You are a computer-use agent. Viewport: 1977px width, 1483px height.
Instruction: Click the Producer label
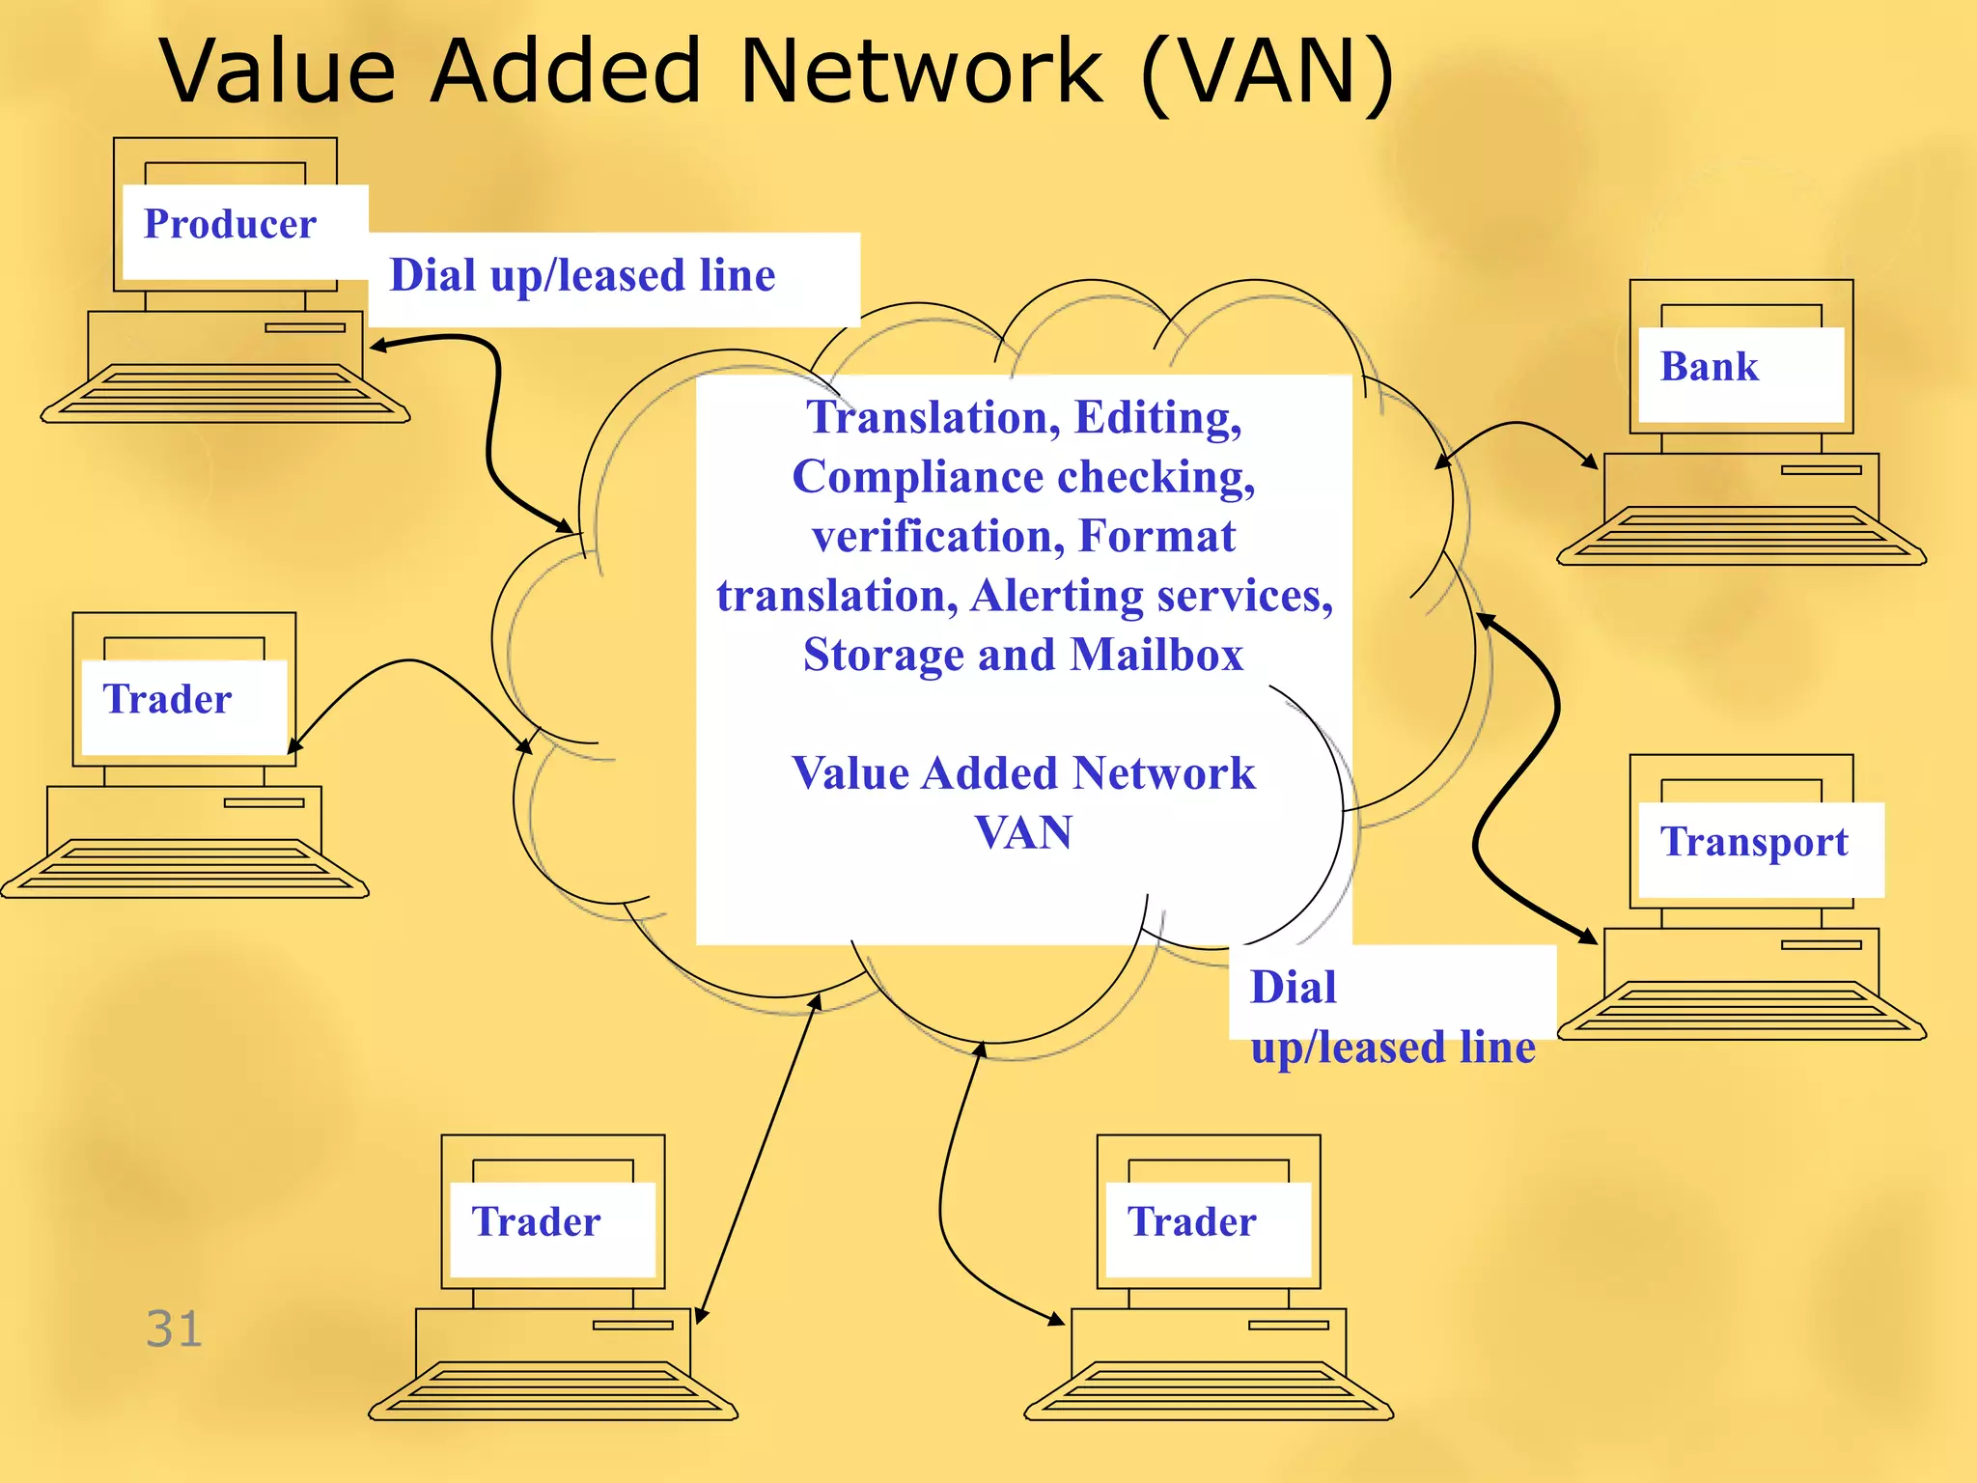[230, 225]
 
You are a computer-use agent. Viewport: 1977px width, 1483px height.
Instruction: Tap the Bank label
[1709, 367]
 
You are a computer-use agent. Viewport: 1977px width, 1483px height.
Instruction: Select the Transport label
[1754, 842]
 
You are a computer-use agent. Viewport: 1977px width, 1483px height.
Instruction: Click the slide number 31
[174, 1329]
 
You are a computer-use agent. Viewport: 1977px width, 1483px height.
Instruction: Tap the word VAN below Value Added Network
[1023, 832]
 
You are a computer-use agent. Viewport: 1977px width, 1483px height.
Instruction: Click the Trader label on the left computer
[167, 699]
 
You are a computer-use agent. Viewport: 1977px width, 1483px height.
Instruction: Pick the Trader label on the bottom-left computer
[536, 1222]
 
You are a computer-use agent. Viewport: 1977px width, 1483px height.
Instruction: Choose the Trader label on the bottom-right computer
[1191, 1222]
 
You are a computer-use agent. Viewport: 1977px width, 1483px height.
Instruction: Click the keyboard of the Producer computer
[225, 394]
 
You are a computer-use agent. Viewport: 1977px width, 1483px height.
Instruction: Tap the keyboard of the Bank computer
[1740, 537]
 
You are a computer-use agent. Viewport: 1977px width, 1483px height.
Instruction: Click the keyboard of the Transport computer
[1740, 1011]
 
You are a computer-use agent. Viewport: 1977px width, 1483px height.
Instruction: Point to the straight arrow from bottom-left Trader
[758, 1159]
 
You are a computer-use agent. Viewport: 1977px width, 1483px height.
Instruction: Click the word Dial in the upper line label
[433, 276]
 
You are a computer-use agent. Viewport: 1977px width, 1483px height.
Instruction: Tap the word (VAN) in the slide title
[1267, 72]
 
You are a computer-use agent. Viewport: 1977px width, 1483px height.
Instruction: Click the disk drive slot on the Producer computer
[305, 327]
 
